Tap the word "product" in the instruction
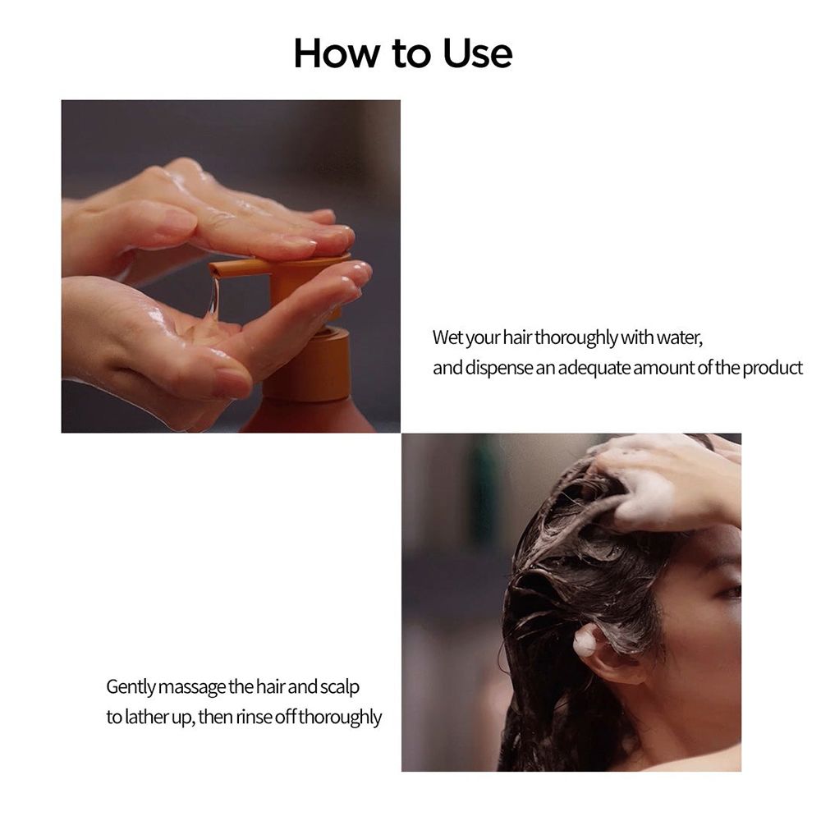pos(773,368)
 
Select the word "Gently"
pos(131,686)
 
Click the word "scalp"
pos(337,686)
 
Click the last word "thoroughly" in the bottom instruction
pos(340,717)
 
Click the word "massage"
pos(194,686)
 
